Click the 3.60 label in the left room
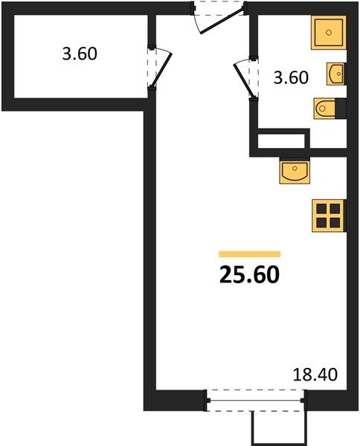(x=80, y=54)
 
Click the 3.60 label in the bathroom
(x=291, y=77)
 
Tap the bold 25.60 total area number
(x=249, y=275)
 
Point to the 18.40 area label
(x=315, y=375)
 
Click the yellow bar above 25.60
(x=250, y=254)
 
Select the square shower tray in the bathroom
(x=329, y=33)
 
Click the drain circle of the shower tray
(x=329, y=33)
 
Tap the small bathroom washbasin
(x=336, y=74)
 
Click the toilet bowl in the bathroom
(x=324, y=108)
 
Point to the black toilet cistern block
(x=341, y=108)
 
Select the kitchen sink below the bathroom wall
(x=295, y=172)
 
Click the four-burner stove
(x=329, y=216)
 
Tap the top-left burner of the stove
(x=321, y=209)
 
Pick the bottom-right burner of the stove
(x=335, y=223)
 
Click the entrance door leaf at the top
(x=222, y=22)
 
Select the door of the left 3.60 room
(x=162, y=71)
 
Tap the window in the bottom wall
(x=256, y=401)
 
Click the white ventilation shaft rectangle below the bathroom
(x=281, y=140)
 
